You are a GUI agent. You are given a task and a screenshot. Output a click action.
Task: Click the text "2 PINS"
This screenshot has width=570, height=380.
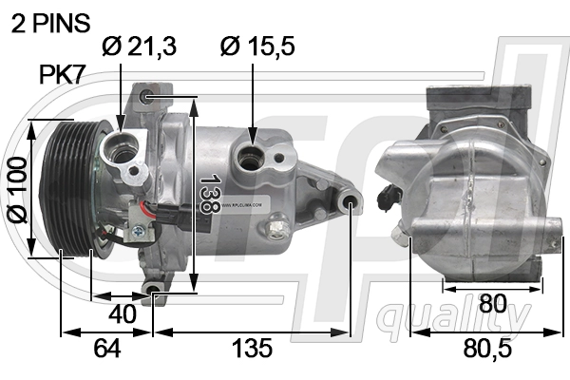tap(51, 23)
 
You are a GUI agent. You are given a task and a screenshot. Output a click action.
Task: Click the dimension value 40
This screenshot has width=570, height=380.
tap(123, 313)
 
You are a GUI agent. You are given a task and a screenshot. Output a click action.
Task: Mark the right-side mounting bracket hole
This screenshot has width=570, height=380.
tap(350, 202)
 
